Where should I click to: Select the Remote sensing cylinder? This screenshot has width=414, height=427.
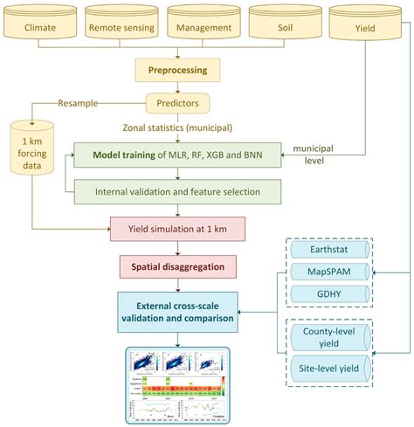point(122,27)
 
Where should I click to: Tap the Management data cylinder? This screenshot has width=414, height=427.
point(204,27)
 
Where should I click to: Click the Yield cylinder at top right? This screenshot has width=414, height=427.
point(367,27)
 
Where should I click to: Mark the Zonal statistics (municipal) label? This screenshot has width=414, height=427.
point(185,127)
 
